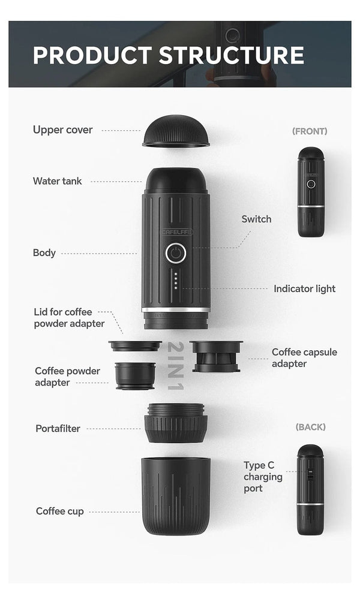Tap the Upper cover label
point(62,130)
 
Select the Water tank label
point(58,180)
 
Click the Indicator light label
point(304,288)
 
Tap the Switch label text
point(256,219)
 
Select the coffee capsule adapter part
point(216,356)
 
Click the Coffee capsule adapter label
point(304,357)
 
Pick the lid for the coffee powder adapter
point(135,346)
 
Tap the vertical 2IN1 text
point(175,366)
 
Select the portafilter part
point(176,422)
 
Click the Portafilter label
point(58,428)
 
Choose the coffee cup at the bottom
point(176,495)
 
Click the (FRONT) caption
point(310,131)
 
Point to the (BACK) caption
point(310,427)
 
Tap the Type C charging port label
point(263,477)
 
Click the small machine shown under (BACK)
point(310,489)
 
